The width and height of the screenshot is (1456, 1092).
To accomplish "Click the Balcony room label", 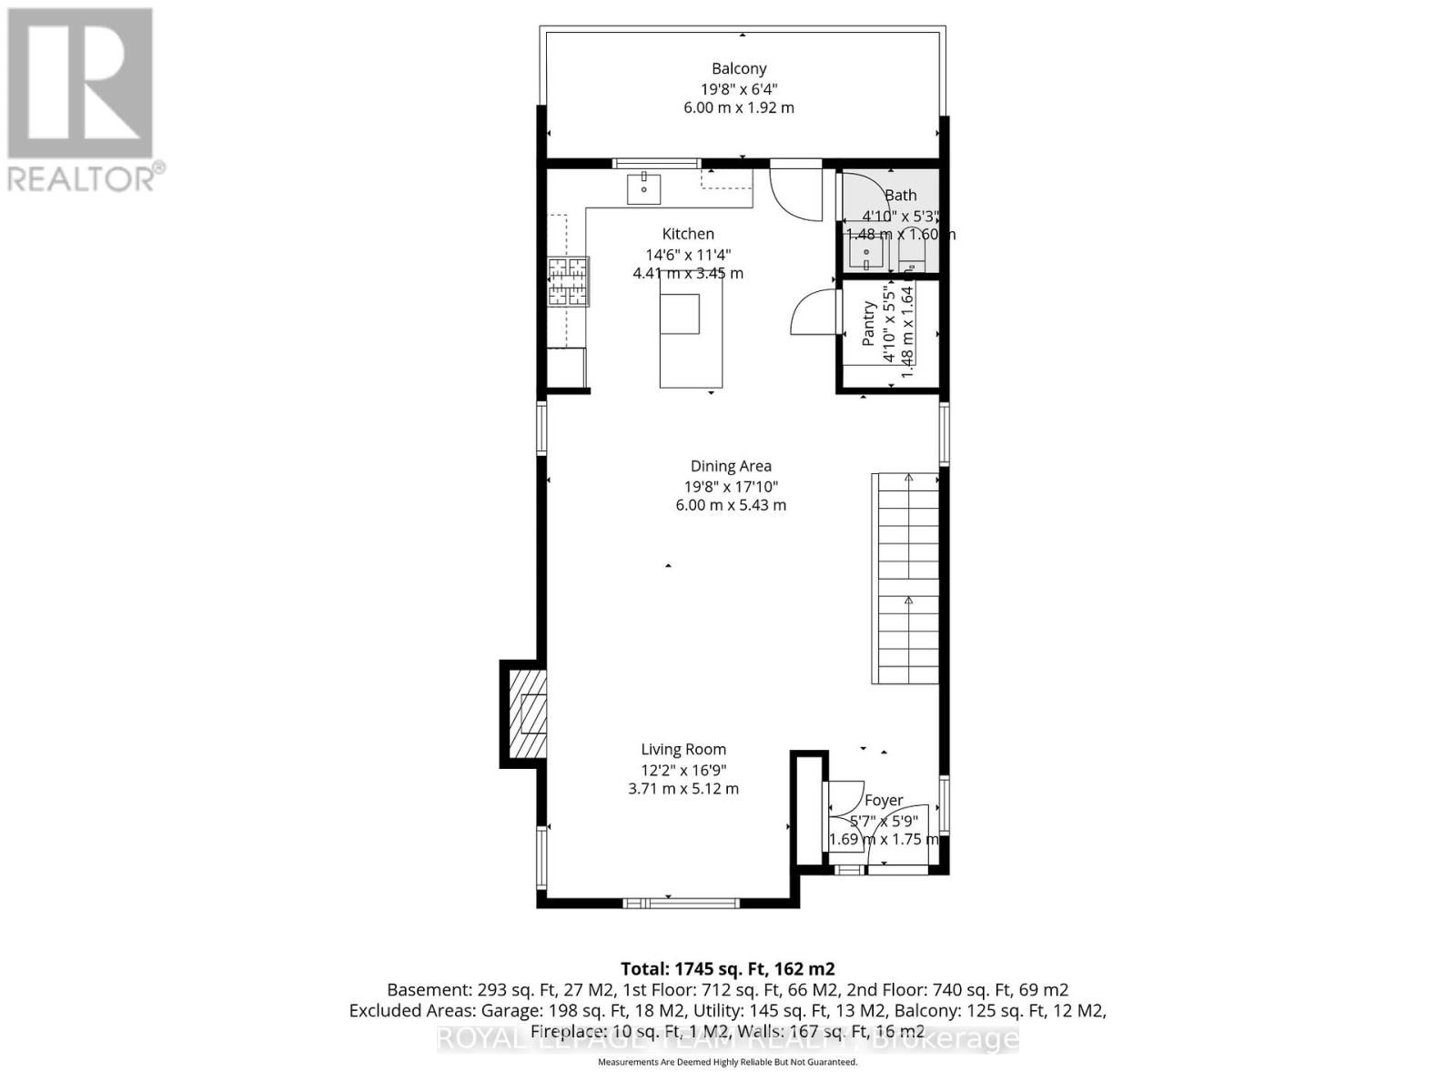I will pos(738,68).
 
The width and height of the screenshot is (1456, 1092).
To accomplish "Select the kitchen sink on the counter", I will pos(643,188).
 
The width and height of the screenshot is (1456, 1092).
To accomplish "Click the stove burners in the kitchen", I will pos(568,281).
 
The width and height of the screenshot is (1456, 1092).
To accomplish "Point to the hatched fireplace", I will pos(527,714).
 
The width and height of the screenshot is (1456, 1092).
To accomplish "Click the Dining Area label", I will pos(730,466).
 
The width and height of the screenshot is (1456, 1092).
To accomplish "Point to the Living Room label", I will pos(683,750).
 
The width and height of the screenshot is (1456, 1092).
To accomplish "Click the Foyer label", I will pos(883,800).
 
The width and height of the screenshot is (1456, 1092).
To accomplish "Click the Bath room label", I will pos(900,195).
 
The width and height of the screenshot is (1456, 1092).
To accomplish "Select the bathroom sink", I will pos(867,252).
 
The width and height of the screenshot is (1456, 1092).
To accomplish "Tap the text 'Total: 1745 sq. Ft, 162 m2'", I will pos(727,968).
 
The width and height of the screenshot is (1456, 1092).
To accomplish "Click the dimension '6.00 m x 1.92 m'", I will pos(738,107).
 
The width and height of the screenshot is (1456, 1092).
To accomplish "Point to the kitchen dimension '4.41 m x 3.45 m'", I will pos(688,273).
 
